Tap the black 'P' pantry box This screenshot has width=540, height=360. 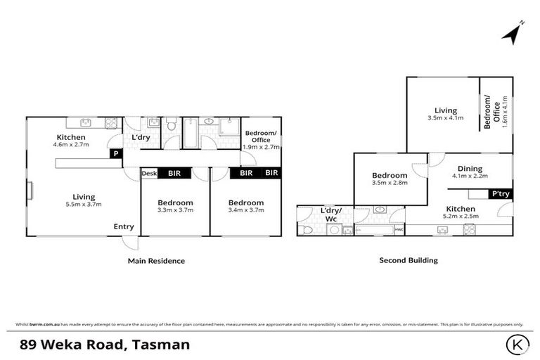click(x=114, y=154)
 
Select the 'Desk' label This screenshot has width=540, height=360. click(x=149, y=172)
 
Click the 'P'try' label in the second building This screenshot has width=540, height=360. click(x=501, y=193)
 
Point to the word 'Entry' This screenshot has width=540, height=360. click(x=124, y=226)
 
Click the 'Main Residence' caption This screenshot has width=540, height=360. click(x=156, y=261)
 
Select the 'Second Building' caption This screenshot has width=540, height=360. click(x=409, y=260)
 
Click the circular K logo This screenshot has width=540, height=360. click(x=516, y=345)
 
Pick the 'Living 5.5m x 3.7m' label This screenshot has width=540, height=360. click(x=84, y=200)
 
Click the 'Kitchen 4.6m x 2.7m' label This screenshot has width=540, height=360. click(x=71, y=141)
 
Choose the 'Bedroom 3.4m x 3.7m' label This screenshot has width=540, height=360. click(x=246, y=206)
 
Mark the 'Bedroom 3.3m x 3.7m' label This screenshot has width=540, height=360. click(x=175, y=206)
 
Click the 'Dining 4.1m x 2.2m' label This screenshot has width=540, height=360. click(x=470, y=172)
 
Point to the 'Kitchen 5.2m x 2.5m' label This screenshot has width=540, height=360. click(x=461, y=212)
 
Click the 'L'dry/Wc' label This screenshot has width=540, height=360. click(x=330, y=214)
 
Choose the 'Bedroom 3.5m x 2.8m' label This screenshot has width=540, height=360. click(x=390, y=179)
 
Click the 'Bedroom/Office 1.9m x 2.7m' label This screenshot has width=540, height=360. click(x=261, y=141)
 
